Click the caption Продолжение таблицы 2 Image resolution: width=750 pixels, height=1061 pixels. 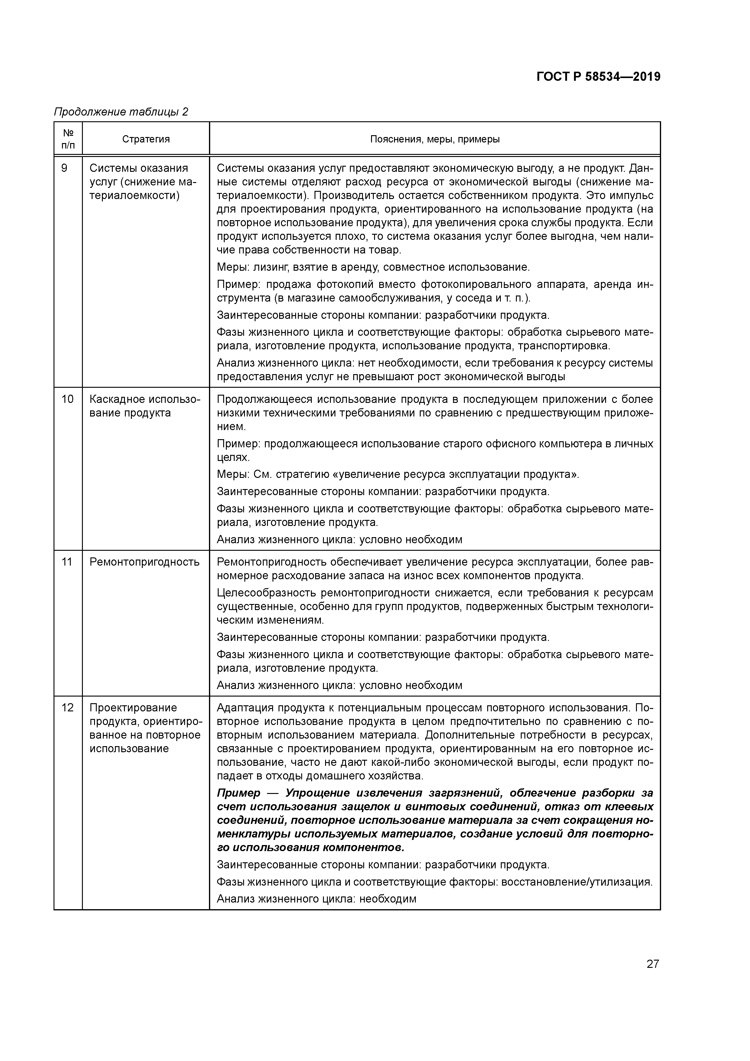click(121, 112)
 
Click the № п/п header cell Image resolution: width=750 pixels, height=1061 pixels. click(68, 139)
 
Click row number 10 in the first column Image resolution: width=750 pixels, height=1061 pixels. click(67, 399)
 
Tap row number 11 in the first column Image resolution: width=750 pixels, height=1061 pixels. click(67, 562)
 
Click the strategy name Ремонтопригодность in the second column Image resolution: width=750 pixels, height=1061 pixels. click(144, 562)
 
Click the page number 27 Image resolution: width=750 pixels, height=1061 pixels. click(653, 964)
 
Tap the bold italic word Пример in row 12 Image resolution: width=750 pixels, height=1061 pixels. click(238, 793)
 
